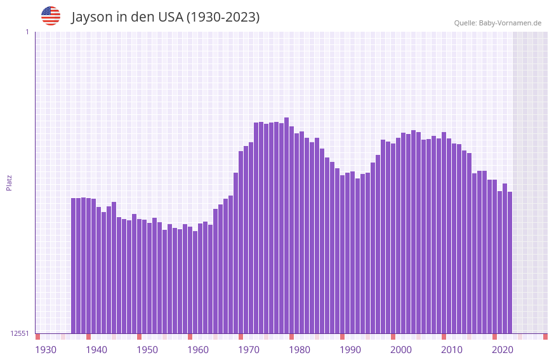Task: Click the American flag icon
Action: click(51, 16)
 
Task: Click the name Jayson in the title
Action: click(91, 17)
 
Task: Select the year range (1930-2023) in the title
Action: click(222, 17)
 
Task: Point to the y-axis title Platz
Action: click(9, 182)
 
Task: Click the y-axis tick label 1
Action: click(27, 32)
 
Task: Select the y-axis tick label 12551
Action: click(20, 333)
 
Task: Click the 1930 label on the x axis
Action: click(46, 350)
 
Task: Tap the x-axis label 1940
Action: click(96, 350)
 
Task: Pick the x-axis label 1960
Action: click(198, 350)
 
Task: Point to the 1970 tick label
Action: click(249, 350)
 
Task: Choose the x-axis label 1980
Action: click(300, 350)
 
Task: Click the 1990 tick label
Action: click(350, 350)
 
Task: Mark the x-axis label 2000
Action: click(401, 350)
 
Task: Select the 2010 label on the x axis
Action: click(452, 350)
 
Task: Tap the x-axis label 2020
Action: click(503, 350)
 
